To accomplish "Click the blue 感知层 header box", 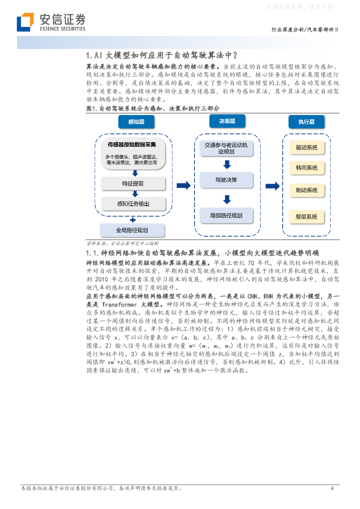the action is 136,122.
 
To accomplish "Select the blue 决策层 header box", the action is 227,121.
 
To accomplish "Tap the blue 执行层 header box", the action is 306,122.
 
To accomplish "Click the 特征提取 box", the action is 133,183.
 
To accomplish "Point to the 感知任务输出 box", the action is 133,204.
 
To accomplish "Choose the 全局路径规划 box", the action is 132,230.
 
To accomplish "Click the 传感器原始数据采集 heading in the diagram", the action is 132,144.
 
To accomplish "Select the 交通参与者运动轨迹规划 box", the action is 226,148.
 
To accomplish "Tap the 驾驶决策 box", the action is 226,180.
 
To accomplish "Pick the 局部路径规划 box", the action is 226,215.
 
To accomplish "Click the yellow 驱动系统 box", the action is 307,147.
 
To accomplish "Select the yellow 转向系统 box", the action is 307,168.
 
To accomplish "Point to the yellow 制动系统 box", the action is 307,190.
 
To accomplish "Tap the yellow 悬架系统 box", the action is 306,217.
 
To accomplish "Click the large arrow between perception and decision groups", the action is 184,185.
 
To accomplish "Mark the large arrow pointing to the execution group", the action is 273,186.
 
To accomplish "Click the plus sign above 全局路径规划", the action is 133,220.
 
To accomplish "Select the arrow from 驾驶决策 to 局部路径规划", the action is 227,200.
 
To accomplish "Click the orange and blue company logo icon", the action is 25,22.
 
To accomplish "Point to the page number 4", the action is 332,488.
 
